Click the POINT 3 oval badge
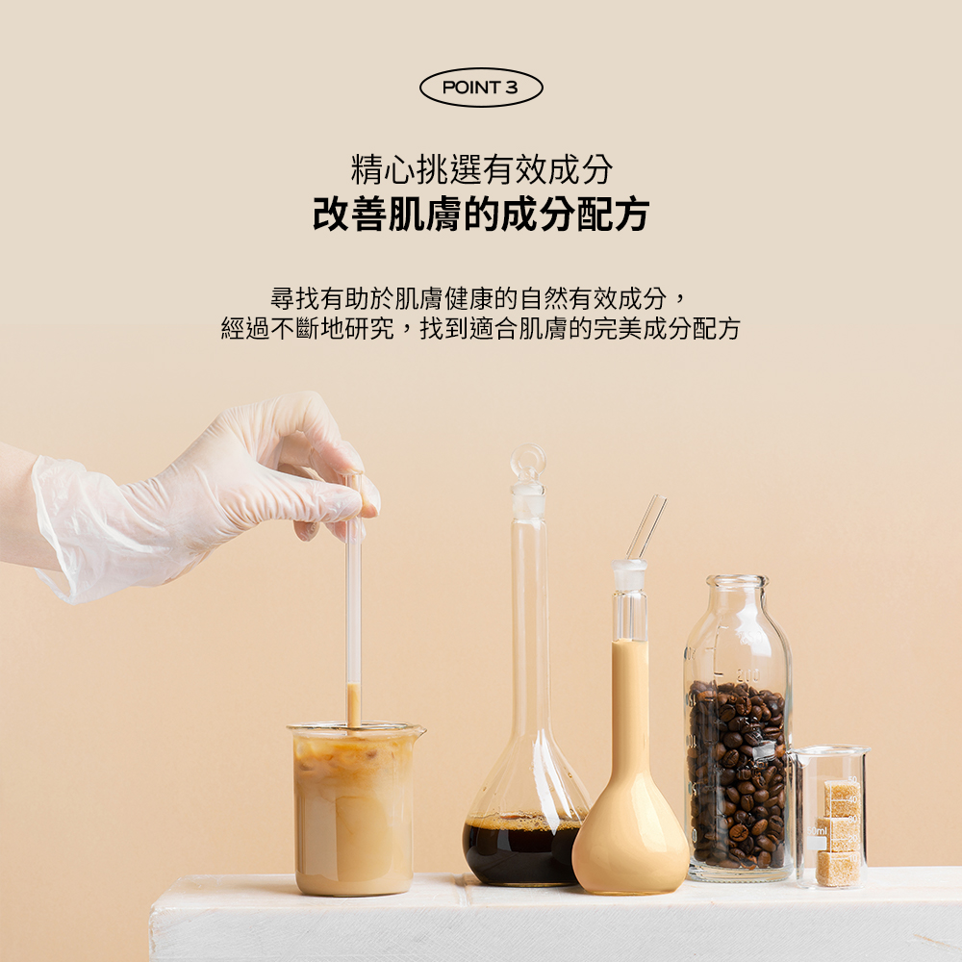click(x=481, y=88)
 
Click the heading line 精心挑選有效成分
click(x=482, y=169)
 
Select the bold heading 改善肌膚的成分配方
click(x=481, y=215)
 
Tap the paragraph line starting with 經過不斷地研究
click(x=480, y=329)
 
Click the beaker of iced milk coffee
click(x=355, y=810)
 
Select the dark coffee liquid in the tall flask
click(x=521, y=851)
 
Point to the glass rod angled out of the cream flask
click(x=646, y=527)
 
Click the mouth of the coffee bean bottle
click(x=737, y=581)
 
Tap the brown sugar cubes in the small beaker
click(x=839, y=832)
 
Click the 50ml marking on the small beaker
click(x=817, y=831)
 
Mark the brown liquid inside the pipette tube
click(x=352, y=705)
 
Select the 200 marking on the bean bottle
click(x=747, y=676)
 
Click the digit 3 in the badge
click(x=512, y=88)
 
